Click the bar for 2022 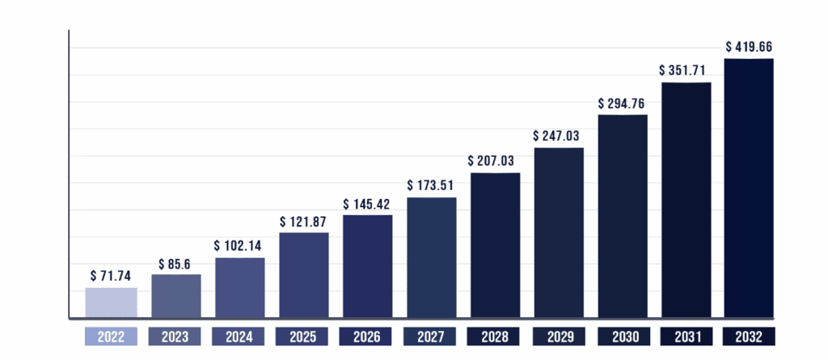112,303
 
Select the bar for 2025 304,275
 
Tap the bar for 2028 495,245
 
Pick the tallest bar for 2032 749,188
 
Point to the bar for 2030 623,216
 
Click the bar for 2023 176,296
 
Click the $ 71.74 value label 112,275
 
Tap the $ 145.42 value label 368,202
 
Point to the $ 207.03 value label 495,160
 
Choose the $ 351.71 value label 686,70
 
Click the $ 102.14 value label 240,244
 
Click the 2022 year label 112,336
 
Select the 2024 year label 240,336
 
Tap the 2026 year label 368,336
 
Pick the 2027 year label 432,336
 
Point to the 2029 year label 560,336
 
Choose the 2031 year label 686,336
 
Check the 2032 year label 749,336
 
